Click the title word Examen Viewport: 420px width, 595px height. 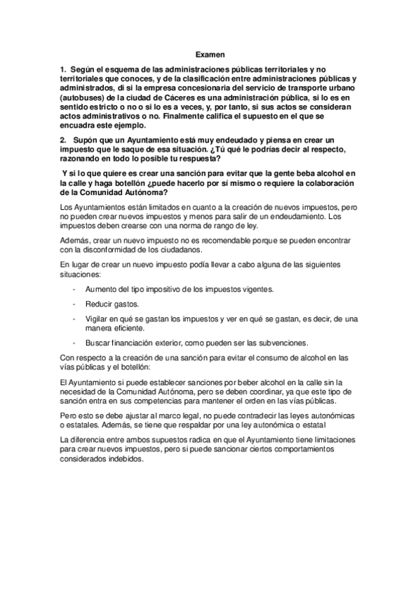tap(209, 53)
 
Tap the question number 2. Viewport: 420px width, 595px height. tap(62, 141)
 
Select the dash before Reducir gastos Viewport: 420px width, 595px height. tap(74, 304)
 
